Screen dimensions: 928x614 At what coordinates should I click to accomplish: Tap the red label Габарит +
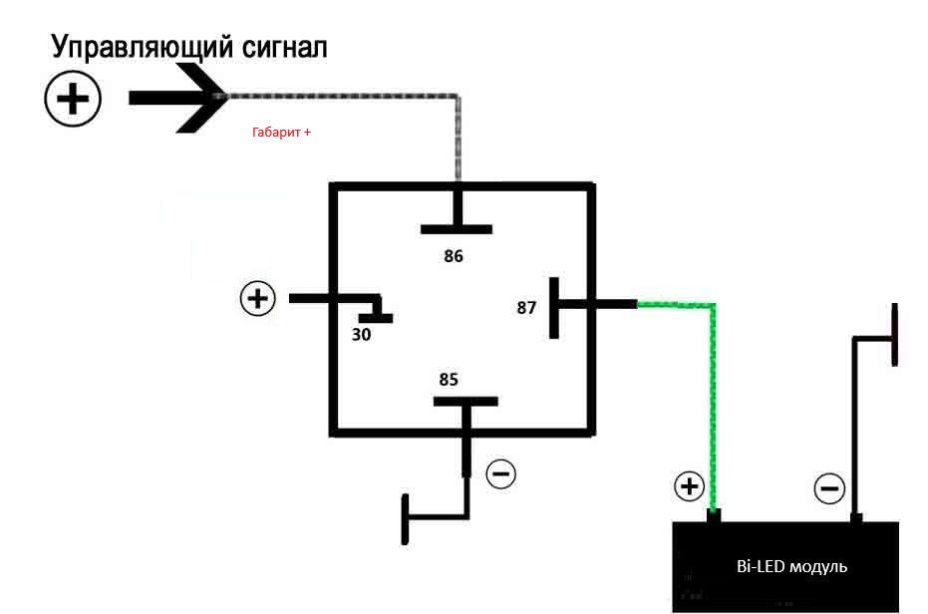[281, 132]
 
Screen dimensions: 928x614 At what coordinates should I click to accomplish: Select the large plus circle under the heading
[73, 99]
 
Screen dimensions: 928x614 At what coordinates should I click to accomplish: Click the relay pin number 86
[454, 256]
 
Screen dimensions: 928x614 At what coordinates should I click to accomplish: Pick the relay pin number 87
[526, 307]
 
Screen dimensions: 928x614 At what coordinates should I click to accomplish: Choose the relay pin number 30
[361, 335]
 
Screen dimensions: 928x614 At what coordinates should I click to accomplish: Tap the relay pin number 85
[449, 379]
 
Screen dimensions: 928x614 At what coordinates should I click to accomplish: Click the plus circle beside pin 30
[257, 298]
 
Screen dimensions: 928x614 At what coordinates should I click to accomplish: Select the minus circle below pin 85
[500, 473]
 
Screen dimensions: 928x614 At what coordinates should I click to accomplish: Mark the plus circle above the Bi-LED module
[689, 486]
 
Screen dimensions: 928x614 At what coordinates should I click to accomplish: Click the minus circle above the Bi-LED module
[829, 488]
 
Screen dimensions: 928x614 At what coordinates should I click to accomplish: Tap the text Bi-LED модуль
[791, 566]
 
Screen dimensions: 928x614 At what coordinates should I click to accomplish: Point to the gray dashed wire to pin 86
[457, 97]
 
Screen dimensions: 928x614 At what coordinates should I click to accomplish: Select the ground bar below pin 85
[405, 519]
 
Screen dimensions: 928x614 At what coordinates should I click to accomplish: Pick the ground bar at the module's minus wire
[895, 335]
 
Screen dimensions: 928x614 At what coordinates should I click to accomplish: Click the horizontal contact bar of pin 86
[457, 229]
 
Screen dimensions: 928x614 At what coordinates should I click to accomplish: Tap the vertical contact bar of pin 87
[554, 308]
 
